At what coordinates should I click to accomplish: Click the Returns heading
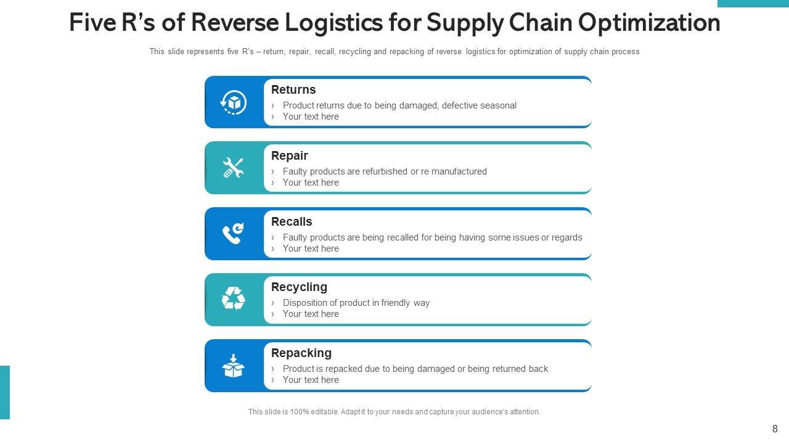293,90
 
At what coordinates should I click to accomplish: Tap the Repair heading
290,156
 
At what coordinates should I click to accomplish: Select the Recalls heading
292,222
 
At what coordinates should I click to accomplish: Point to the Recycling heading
299,287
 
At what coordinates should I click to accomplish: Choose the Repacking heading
301,353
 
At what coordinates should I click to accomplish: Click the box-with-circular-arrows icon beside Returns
234,102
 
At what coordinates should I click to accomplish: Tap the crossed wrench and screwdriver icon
234,168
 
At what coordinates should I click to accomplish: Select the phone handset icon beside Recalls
234,234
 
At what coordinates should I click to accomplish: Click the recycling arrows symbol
234,299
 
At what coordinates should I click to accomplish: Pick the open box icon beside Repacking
234,366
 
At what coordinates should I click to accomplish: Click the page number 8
775,429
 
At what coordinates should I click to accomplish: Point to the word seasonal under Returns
496,105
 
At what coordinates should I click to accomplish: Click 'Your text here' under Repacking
311,380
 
